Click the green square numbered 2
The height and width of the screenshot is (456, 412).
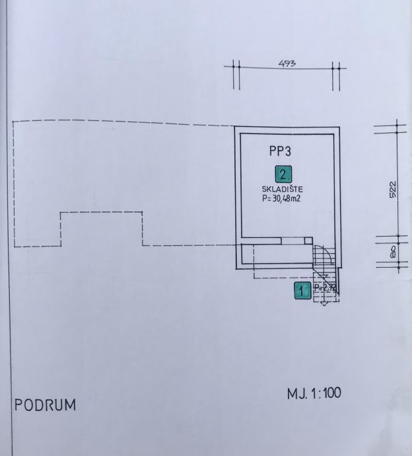point(283,174)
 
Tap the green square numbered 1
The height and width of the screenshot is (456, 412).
point(302,289)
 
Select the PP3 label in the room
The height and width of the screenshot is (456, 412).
point(280,151)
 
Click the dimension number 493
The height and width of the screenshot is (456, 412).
point(287,64)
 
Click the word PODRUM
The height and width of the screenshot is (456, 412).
point(45,404)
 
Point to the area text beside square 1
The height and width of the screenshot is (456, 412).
point(325,288)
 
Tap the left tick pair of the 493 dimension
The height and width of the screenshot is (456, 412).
point(236,67)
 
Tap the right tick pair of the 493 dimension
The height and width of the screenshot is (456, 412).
point(336,67)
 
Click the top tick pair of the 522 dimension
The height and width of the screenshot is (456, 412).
point(396,127)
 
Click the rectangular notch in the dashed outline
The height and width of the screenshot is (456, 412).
point(101,228)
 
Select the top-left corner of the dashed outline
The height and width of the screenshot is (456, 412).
point(14,122)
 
